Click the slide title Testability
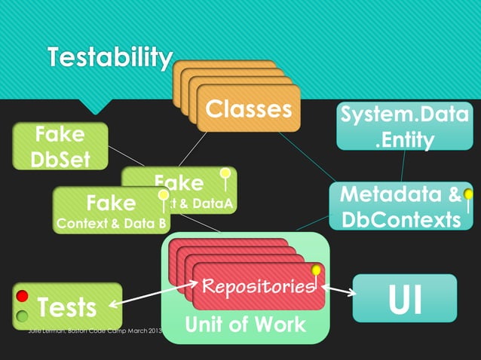point(110,57)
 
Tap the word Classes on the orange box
point(248,109)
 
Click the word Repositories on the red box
point(256,286)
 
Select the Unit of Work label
point(246,325)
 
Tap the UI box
point(405,298)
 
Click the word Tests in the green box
point(67,307)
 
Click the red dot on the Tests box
point(23,296)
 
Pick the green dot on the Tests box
point(23,316)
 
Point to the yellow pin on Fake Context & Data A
point(224,175)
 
